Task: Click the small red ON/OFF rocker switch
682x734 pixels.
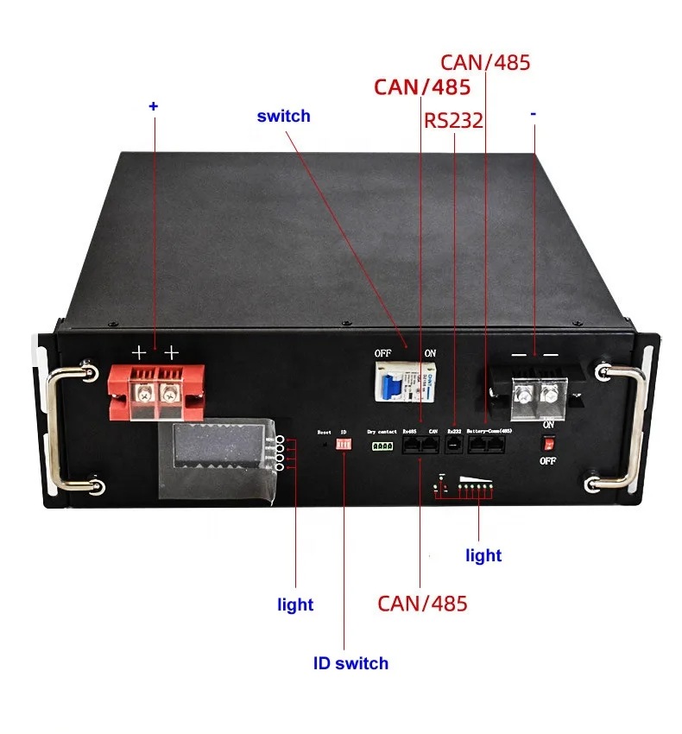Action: (546, 443)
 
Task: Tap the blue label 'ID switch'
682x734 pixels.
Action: (350, 663)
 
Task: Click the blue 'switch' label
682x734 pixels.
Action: (283, 116)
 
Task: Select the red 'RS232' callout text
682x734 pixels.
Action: (453, 120)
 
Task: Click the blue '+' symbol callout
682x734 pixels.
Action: (154, 106)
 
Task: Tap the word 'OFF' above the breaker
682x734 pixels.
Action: (382, 354)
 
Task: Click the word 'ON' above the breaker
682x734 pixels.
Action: (429, 354)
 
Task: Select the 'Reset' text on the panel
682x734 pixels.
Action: (324, 431)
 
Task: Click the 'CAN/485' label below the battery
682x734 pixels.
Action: (422, 603)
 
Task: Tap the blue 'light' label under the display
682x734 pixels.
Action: (295, 604)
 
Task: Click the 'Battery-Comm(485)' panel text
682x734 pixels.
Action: (489, 431)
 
